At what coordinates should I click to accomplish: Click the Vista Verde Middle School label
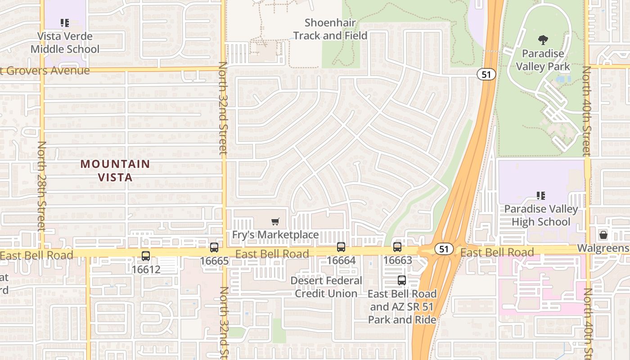point(65,43)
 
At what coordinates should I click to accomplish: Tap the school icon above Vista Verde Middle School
point(64,22)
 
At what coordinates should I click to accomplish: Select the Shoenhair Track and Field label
point(330,29)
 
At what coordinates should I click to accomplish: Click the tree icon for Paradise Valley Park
point(543,40)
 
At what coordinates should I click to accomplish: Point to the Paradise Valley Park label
point(543,60)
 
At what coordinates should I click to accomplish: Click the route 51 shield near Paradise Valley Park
point(486,74)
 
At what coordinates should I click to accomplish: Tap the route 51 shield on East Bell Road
point(444,249)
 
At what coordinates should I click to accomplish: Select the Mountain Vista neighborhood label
point(115,171)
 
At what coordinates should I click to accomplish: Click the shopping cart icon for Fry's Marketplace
point(275,221)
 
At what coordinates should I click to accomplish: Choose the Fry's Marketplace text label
point(275,234)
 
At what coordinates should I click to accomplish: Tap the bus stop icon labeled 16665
point(214,247)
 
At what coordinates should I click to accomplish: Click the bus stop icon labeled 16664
point(341,247)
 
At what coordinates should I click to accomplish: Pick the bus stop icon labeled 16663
point(397,247)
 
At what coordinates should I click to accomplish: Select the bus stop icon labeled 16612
point(146,256)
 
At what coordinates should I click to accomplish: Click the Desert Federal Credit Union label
point(326,287)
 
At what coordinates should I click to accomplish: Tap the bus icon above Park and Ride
point(402,280)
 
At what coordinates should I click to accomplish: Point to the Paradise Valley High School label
point(541,215)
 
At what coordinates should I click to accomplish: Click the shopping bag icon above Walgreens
point(603,235)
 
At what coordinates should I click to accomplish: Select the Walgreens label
point(603,248)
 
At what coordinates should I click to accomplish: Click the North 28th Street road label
point(42,185)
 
